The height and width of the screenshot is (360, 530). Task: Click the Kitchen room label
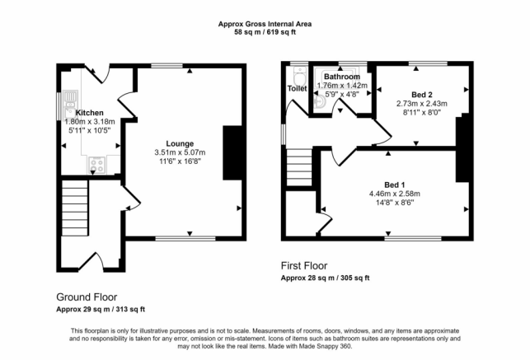(x=89, y=113)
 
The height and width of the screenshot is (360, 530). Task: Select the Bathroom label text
(x=343, y=77)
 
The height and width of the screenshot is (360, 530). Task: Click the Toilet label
(x=296, y=88)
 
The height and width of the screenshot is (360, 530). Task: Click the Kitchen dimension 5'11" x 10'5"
(x=89, y=131)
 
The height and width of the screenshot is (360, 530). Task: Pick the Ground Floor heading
(x=87, y=297)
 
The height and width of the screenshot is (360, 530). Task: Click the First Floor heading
(x=304, y=266)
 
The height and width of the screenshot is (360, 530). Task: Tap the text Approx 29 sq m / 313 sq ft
(x=101, y=309)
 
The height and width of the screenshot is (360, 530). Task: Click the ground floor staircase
(x=75, y=208)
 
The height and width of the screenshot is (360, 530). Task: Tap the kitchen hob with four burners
(x=97, y=165)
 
